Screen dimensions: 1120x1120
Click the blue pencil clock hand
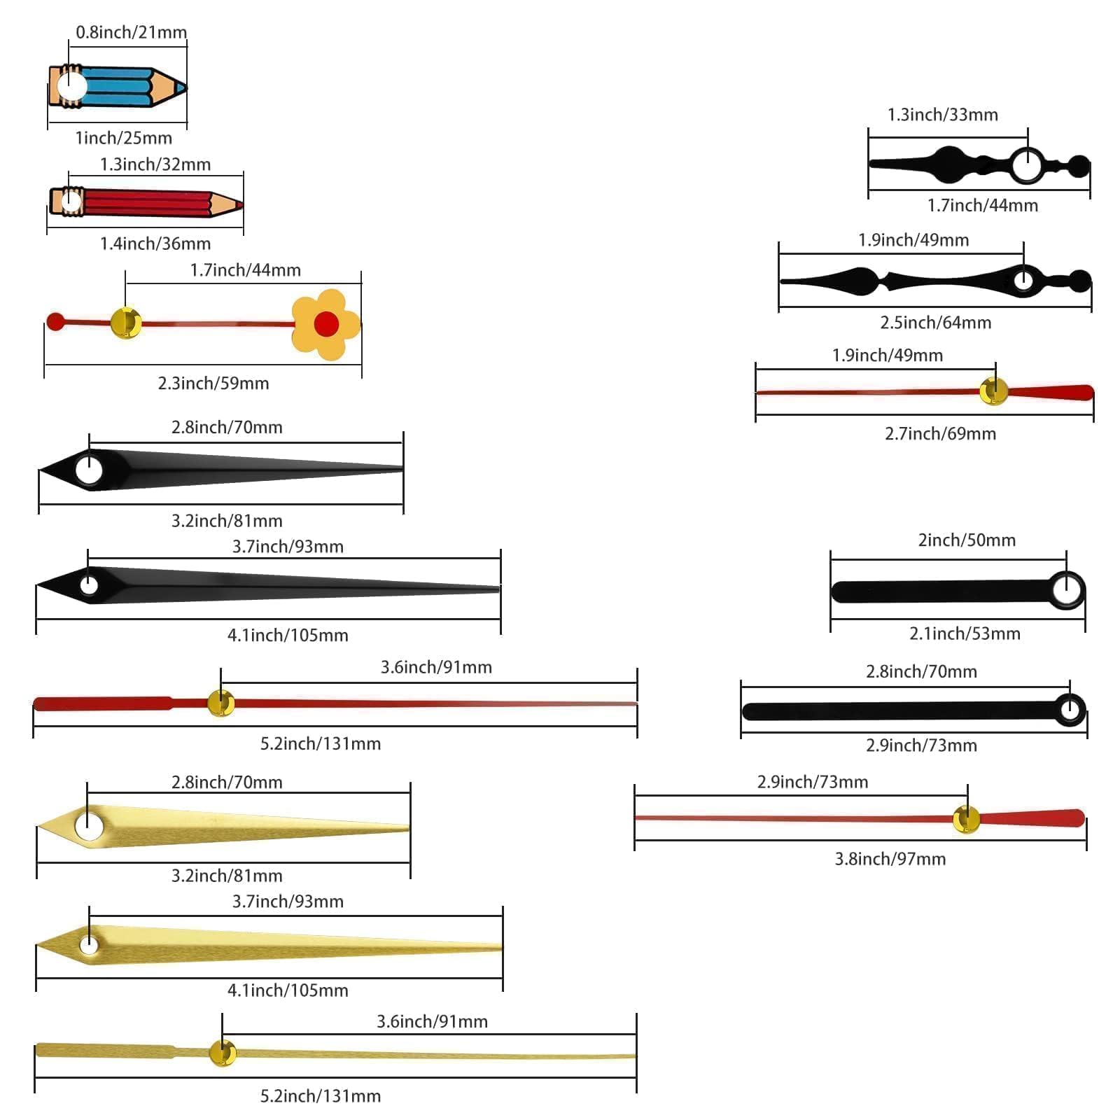[117, 87]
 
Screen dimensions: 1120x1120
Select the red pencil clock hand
[146, 202]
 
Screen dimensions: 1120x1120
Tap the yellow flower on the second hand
[325, 324]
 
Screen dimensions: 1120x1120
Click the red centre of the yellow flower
[326, 324]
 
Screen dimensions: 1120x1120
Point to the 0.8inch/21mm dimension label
[132, 32]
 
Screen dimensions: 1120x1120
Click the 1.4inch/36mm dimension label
[155, 244]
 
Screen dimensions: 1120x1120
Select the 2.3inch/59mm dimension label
[213, 383]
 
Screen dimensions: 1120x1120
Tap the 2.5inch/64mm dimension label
[936, 323]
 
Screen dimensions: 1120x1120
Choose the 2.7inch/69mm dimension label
[941, 434]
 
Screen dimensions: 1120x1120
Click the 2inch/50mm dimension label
[967, 540]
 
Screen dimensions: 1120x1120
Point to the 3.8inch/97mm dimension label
[890, 859]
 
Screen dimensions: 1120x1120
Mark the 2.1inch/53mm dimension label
[965, 633]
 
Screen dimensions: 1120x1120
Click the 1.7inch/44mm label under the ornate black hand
[983, 206]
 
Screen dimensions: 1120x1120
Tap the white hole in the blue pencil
[71, 87]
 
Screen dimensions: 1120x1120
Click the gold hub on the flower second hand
[126, 323]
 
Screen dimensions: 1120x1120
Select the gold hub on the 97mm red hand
[967, 819]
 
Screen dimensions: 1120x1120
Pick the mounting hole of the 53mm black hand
[1066, 589]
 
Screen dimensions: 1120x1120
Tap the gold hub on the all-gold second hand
[223, 1053]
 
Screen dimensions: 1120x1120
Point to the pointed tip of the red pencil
[243, 205]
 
